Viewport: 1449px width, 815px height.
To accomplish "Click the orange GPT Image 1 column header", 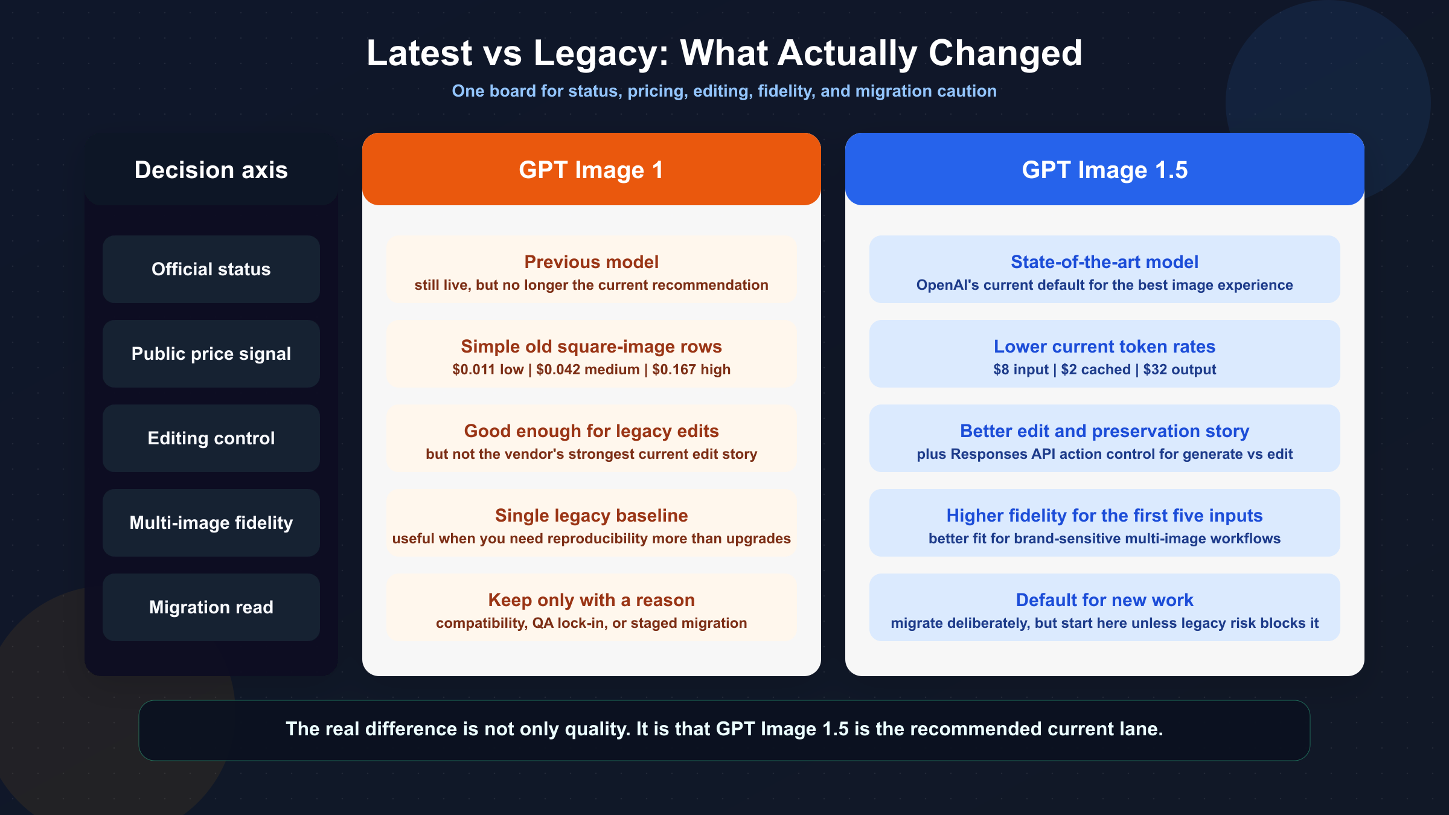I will coord(591,170).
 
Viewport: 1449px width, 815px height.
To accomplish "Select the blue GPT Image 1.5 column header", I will coord(1104,170).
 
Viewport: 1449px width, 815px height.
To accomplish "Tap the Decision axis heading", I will coord(211,170).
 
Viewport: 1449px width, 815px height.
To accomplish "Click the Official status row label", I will coord(211,269).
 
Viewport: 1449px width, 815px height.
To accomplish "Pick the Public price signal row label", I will coord(211,354).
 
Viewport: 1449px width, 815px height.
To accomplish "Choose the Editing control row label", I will coord(211,438).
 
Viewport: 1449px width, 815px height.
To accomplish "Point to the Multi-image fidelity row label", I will coord(211,523).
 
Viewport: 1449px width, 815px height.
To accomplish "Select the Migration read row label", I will coord(211,607).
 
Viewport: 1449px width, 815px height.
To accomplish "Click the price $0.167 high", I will coord(691,369).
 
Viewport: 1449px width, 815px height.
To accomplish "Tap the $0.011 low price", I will coord(488,369).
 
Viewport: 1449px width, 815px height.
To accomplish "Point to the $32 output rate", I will coord(1179,369).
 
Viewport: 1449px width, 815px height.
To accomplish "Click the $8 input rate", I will coord(1021,369).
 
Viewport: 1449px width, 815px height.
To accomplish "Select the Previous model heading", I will coord(591,262).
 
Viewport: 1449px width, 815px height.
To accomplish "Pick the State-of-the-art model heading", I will coord(1104,262).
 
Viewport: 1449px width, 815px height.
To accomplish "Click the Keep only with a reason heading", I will coord(591,600).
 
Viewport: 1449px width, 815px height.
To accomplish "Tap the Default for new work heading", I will coord(1104,600).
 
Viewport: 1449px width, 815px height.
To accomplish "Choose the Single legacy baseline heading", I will coord(591,516).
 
